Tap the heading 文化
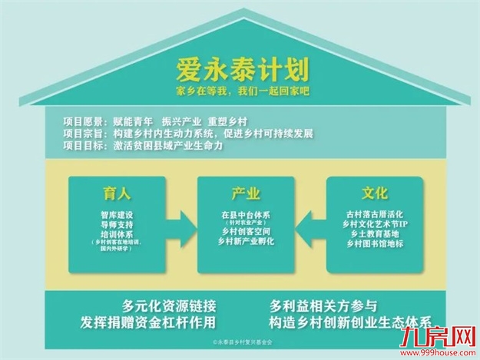375,193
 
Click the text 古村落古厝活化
375,212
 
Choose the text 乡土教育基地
375,233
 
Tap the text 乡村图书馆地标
375,244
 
